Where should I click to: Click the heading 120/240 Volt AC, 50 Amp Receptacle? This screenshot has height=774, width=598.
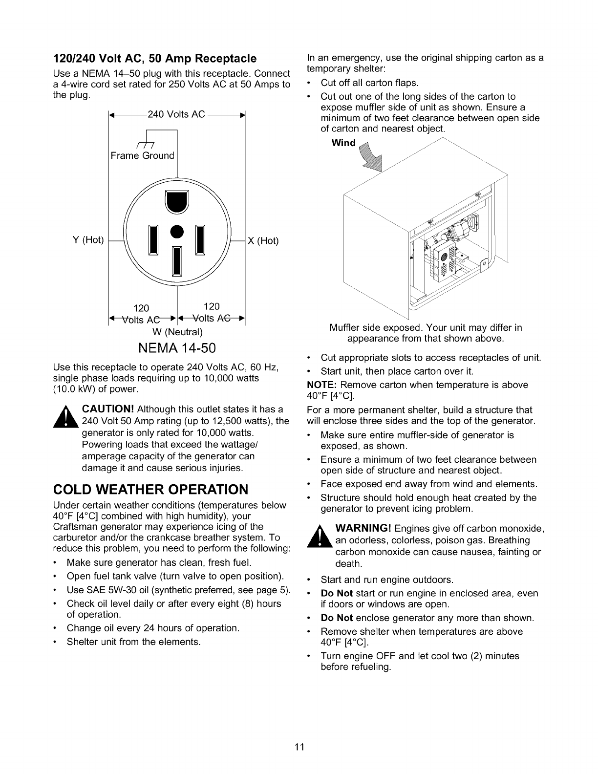[x=154, y=59]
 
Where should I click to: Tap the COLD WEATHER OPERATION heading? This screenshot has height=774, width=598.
[x=150, y=489]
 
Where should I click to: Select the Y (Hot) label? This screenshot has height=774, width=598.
[x=88, y=240]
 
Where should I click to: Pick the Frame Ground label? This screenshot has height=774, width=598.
[x=142, y=155]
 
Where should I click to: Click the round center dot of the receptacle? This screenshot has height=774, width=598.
[x=177, y=231]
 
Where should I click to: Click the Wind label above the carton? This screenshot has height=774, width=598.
[x=344, y=143]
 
